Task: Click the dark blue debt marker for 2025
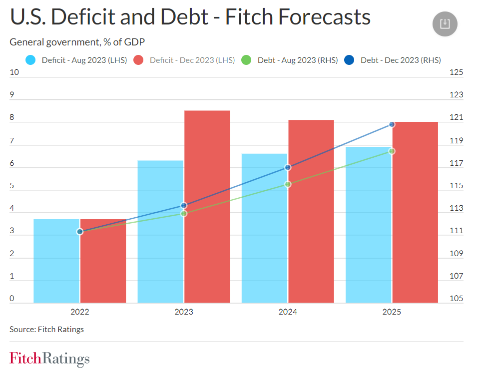coord(392,124)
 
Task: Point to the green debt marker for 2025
coord(392,151)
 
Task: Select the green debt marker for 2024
coord(288,184)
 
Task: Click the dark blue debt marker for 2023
coord(184,205)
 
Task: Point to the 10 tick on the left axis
coord(14,72)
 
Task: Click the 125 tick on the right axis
coord(456,72)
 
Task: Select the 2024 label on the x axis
coord(288,312)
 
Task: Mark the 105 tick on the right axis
coord(456,299)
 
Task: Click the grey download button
coord(445,24)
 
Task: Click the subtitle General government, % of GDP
coord(77,42)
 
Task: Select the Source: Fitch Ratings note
coord(47,329)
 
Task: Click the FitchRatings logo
coord(49,359)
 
